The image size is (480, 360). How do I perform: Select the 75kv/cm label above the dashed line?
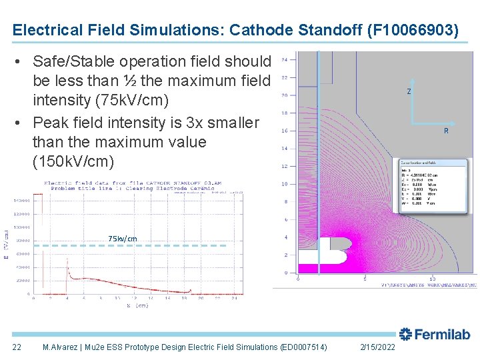click(x=122, y=239)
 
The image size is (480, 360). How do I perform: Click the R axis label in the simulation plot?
click(x=446, y=131)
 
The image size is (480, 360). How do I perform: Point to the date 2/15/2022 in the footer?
click(x=377, y=347)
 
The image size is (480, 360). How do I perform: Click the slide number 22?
click(x=17, y=347)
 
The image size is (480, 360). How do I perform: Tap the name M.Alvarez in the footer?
click(x=61, y=347)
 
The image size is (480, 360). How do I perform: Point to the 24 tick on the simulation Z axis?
click(x=285, y=59)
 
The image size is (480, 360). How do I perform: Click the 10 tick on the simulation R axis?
click(x=433, y=279)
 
